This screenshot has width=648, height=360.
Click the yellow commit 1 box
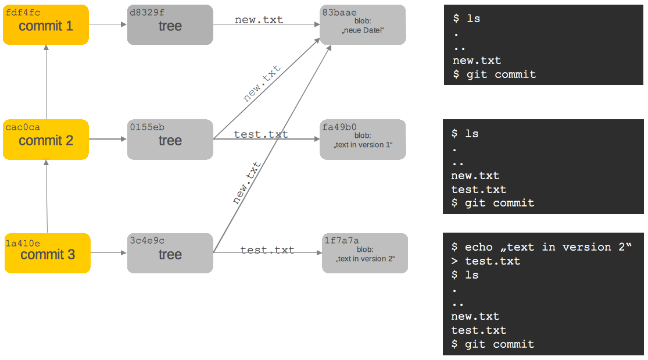coord(46,25)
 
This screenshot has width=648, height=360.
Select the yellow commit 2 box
coord(46,140)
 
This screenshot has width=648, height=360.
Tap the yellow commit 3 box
coord(48,254)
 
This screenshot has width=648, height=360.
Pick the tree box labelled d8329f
coord(170,25)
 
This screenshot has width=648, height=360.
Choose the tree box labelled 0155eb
coord(170,140)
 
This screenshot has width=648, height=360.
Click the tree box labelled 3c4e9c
coord(170,254)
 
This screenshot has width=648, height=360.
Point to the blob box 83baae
coord(363,25)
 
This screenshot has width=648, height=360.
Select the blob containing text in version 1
coord(363,140)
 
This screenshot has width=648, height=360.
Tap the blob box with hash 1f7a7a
coord(365,254)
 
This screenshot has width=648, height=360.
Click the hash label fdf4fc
coord(23,12)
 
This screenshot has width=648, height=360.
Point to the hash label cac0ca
coord(23,127)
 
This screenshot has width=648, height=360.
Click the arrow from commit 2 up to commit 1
coord(46,81)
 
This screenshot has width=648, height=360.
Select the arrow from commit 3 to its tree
coord(109,253)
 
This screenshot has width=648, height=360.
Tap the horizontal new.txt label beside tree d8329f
coord(259,20)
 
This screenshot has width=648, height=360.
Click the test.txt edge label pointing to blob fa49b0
coord(261,134)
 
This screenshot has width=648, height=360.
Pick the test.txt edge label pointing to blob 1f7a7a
coord(267,250)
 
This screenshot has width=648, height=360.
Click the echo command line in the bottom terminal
coord(540,247)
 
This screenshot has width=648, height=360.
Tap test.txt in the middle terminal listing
coord(478,190)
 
